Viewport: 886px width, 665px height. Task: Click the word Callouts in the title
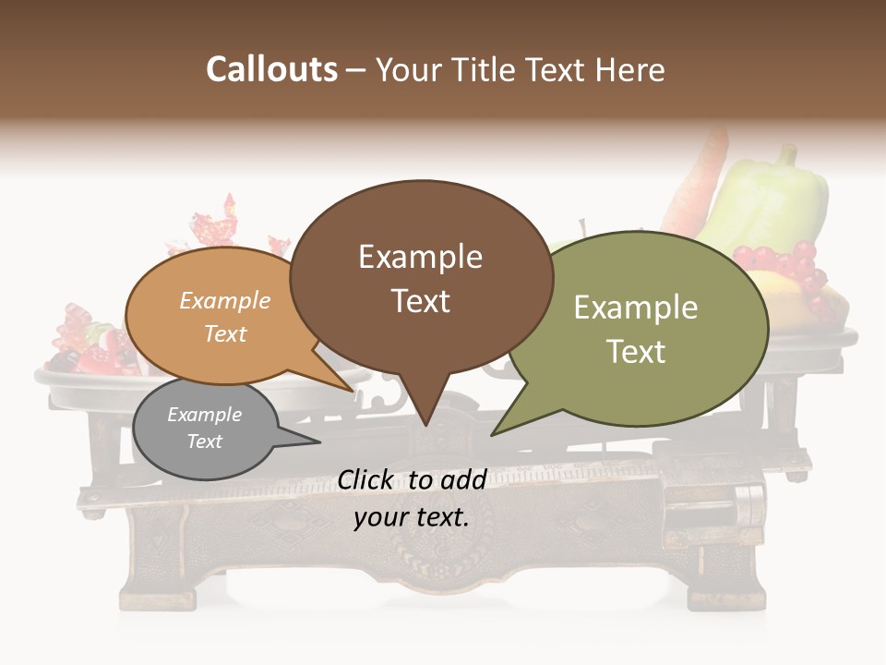pos(271,69)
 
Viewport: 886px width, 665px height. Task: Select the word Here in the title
pos(631,69)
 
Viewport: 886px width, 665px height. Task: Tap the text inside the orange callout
pos(224,317)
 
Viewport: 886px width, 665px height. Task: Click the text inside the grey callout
pos(204,428)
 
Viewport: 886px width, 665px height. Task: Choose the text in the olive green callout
pos(636,329)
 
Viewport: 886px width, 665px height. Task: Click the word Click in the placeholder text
pos(366,479)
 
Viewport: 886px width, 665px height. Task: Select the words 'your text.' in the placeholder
pos(411,517)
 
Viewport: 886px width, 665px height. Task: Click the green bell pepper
pos(768,203)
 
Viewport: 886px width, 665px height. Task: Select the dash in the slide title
pos(356,70)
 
